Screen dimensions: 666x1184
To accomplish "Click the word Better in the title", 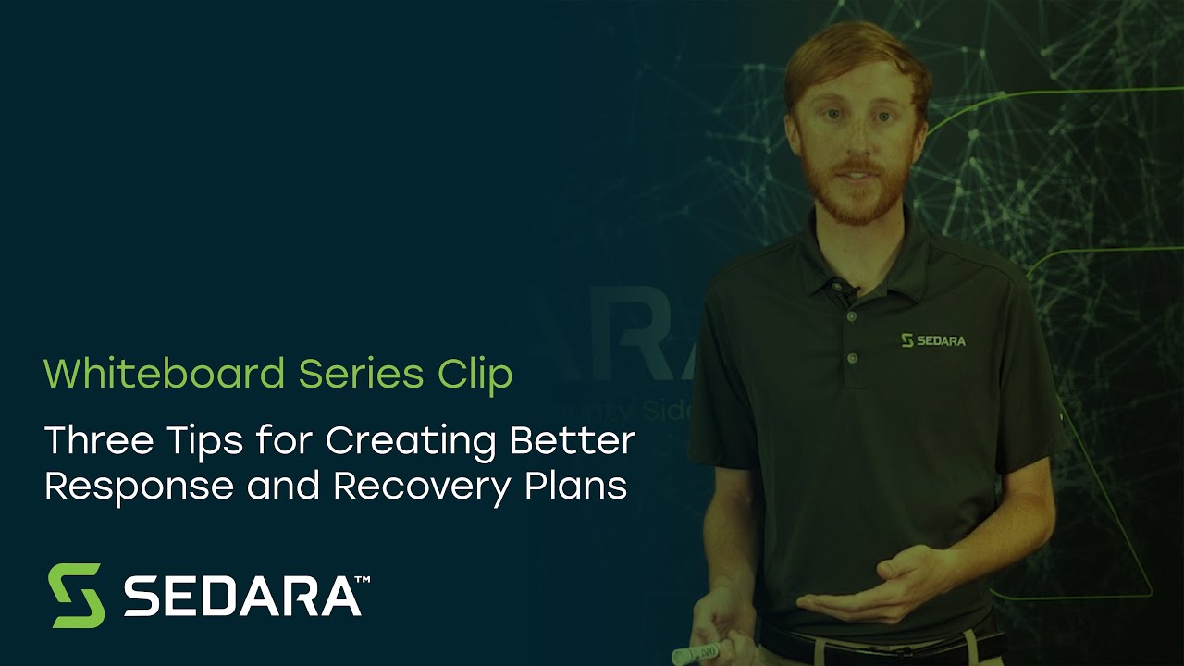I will pos(573,440).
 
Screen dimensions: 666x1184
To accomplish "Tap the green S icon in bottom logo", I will pos(76,595).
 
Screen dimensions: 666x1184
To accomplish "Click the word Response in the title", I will pos(138,486).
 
